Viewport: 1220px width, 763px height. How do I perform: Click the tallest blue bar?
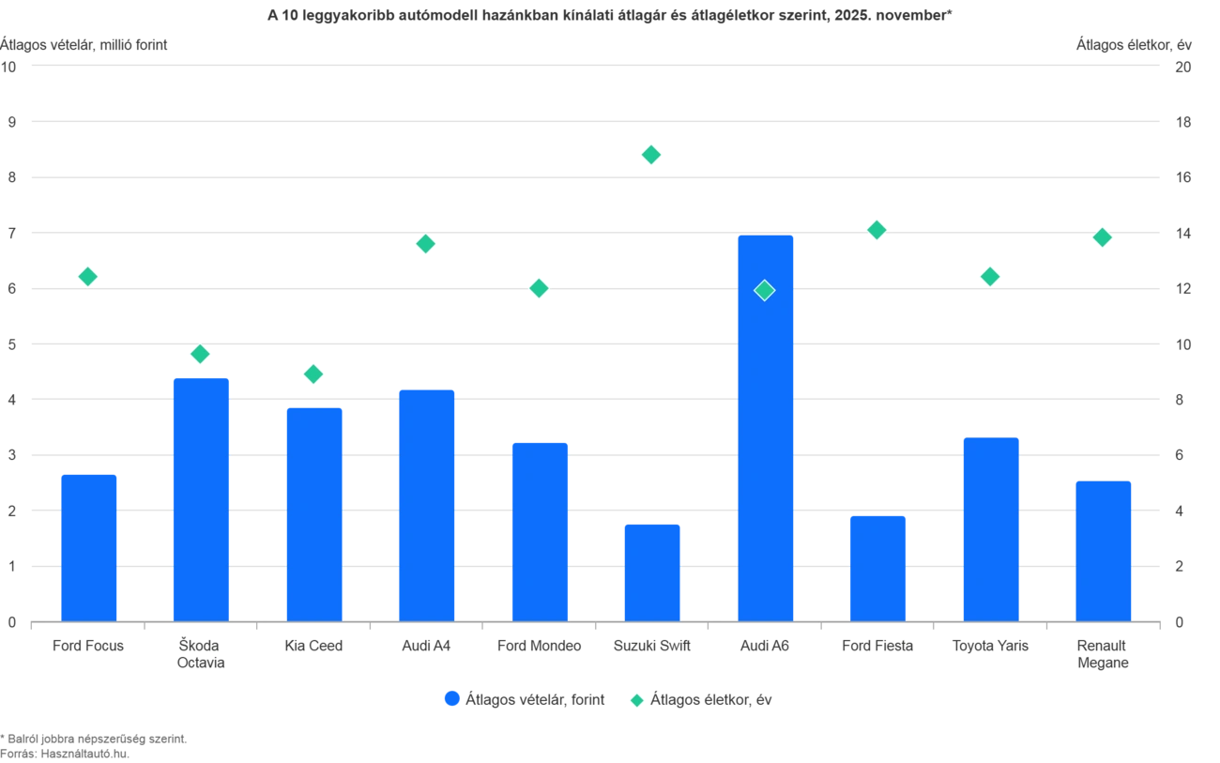(766, 427)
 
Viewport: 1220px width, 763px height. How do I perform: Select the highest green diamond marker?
(651, 154)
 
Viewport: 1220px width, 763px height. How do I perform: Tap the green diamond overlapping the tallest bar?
(765, 291)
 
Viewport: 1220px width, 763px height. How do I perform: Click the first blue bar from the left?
(89, 546)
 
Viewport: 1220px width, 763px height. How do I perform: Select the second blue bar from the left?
(202, 497)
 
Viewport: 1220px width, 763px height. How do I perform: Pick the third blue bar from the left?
(314, 512)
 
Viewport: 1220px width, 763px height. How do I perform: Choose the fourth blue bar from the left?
(427, 503)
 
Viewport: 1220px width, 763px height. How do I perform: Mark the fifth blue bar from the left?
(540, 529)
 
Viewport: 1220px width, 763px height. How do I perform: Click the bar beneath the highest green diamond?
(652, 571)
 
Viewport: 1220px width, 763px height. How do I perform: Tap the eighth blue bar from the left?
(877, 567)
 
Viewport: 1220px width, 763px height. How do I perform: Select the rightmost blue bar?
(1103, 550)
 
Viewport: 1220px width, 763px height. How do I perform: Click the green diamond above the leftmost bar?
(88, 276)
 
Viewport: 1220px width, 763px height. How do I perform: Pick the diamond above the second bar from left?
(200, 354)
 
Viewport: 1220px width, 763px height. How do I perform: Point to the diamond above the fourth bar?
(425, 244)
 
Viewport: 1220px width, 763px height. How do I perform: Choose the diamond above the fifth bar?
(539, 288)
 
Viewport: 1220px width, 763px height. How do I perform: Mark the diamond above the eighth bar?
(877, 229)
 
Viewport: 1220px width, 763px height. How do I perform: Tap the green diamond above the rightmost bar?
(1103, 237)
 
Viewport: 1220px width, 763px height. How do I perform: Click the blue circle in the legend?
(452, 699)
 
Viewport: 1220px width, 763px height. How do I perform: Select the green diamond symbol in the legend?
(637, 699)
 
